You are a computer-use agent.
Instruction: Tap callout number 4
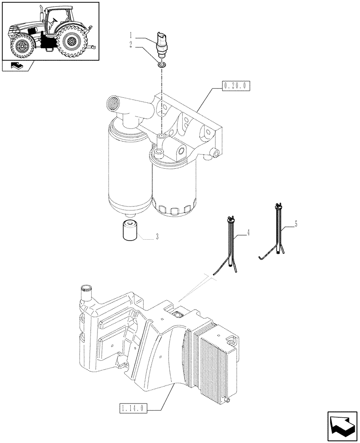[x=249, y=232]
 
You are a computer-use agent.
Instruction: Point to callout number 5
[x=296, y=224]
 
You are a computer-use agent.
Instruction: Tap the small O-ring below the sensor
[x=162, y=65]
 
